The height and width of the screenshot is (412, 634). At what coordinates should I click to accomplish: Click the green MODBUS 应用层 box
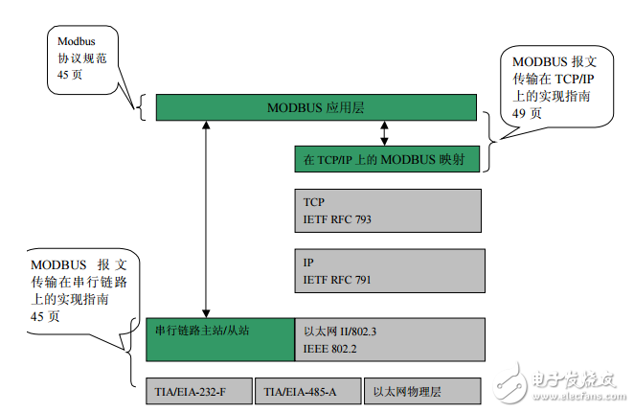[315, 106]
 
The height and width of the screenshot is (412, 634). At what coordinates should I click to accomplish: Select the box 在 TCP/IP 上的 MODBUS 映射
[386, 158]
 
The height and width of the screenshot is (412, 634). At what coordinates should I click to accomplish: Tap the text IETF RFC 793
[336, 219]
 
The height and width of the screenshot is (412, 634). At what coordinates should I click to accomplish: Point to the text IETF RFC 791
[336, 280]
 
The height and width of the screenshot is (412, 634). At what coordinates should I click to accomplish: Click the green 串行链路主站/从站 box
[219, 338]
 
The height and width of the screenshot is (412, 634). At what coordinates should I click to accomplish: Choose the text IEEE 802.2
[329, 348]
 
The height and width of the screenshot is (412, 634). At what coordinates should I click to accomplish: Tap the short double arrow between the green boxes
[385, 132]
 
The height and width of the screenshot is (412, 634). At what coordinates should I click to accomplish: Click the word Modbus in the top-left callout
[76, 42]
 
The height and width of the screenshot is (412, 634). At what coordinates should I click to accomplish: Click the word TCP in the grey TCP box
[313, 203]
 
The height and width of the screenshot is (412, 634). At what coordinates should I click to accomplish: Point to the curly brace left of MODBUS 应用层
[142, 106]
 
